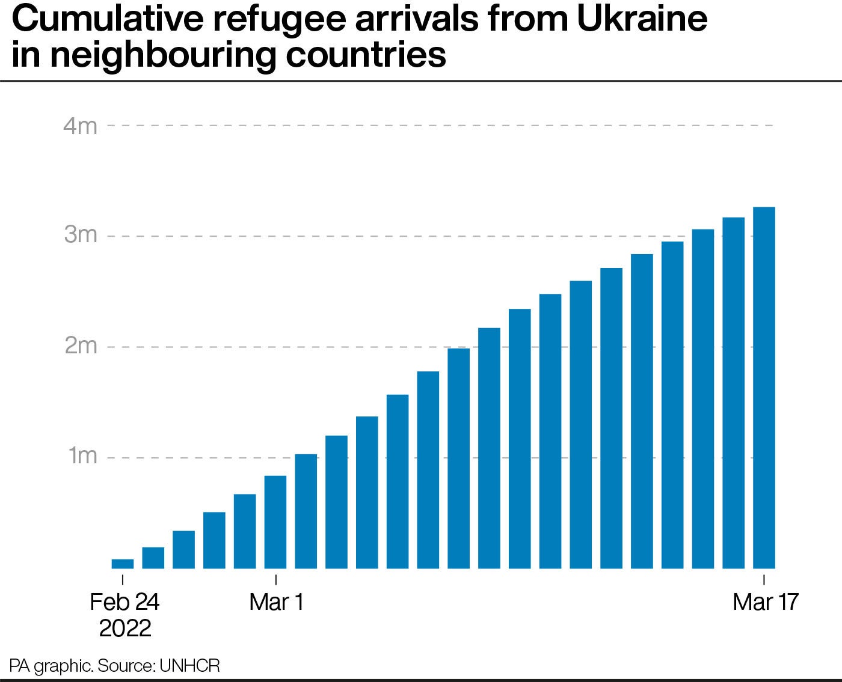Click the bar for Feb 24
123,564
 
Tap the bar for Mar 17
764,388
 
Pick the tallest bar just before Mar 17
733,393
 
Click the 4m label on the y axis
80,126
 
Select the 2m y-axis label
80,346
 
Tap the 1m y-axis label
82,456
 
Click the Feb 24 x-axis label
124,601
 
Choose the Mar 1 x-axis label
277,601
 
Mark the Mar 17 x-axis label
765,601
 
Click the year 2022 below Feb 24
124,628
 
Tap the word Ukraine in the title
642,19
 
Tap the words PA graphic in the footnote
51,666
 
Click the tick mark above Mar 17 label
764,580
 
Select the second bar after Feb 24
183,549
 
